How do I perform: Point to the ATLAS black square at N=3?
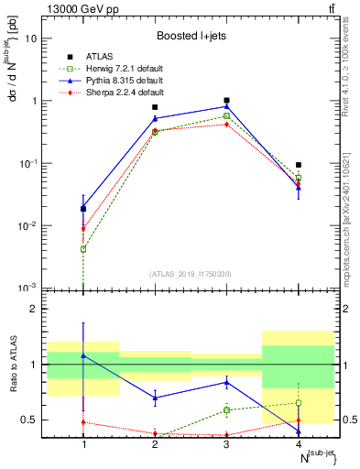pos(226,100)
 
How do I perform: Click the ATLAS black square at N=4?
pos(298,165)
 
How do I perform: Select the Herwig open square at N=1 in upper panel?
pos(83,249)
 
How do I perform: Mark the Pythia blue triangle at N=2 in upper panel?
pos(155,118)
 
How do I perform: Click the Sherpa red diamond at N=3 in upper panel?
pos(226,124)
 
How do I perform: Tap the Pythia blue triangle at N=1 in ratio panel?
pos(83,355)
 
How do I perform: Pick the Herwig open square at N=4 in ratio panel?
pos(298,403)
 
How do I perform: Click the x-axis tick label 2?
pos(155,444)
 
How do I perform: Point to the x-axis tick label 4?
pos(298,444)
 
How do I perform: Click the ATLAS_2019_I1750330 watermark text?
pos(191,274)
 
